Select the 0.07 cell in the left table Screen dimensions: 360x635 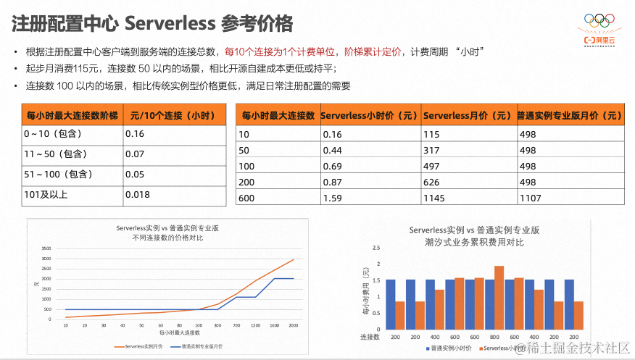coord(134,154)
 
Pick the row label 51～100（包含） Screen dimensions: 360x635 coord(54,175)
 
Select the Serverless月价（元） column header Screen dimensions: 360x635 coord(468,115)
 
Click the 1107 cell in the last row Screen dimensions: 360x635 coord(531,196)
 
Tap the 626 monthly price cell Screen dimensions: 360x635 coord(433,181)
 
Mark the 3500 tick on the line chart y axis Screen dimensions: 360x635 coord(46,248)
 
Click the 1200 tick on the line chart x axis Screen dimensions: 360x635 coord(256,325)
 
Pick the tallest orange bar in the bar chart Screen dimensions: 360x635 coord(499,297)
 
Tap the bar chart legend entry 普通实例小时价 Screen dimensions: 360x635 coord(450,348)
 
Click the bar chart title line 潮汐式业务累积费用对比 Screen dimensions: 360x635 coord(474,242)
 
